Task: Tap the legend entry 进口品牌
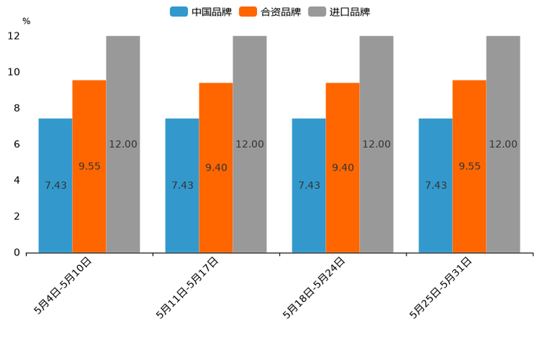[x=339, y=12]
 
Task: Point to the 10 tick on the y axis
[x=14, y=72]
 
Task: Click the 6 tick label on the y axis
[x=16, y=144]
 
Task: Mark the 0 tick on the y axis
[x=16, y=253]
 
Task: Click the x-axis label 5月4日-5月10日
[x=63, y=285]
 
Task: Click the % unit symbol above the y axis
[x=26, y=21]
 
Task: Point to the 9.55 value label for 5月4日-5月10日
[x=89, y=166]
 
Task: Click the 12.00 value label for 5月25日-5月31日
[x=503, y=144]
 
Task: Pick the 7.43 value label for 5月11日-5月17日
[x=182, y=185]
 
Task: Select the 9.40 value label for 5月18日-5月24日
[x=343, y=168]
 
